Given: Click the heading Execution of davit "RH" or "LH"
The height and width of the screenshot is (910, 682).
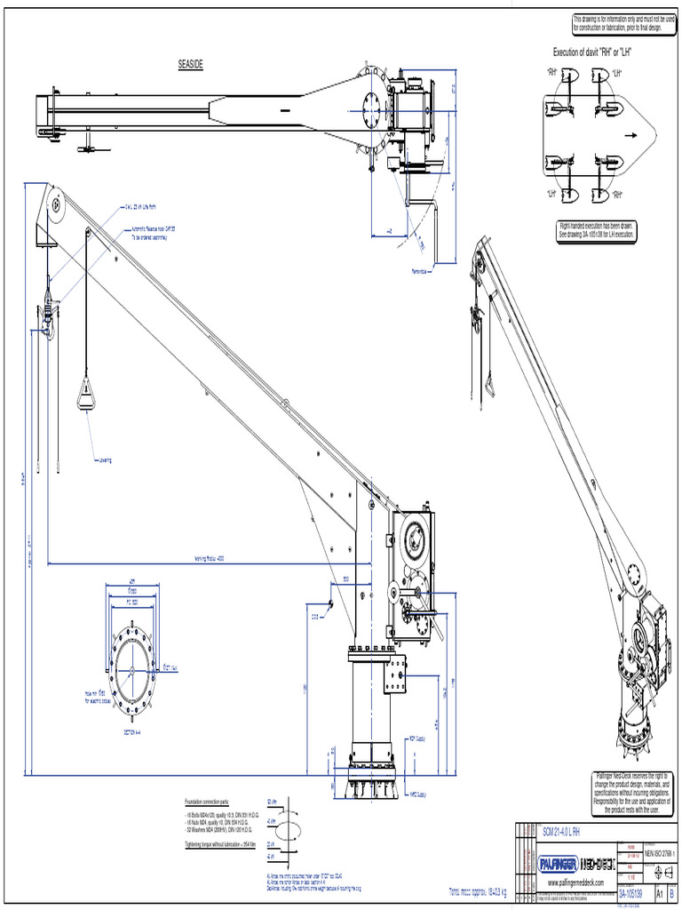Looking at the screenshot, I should point(598,52).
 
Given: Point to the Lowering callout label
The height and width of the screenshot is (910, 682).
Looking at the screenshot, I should point(104,460).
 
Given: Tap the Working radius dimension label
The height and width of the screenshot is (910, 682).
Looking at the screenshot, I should point(210,559).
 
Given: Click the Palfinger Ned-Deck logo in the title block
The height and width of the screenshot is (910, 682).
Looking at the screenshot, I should point(576,862).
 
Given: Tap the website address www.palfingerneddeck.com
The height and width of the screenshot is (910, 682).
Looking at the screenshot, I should point(576,882).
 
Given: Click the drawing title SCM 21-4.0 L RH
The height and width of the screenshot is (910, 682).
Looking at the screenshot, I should point(561,831).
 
